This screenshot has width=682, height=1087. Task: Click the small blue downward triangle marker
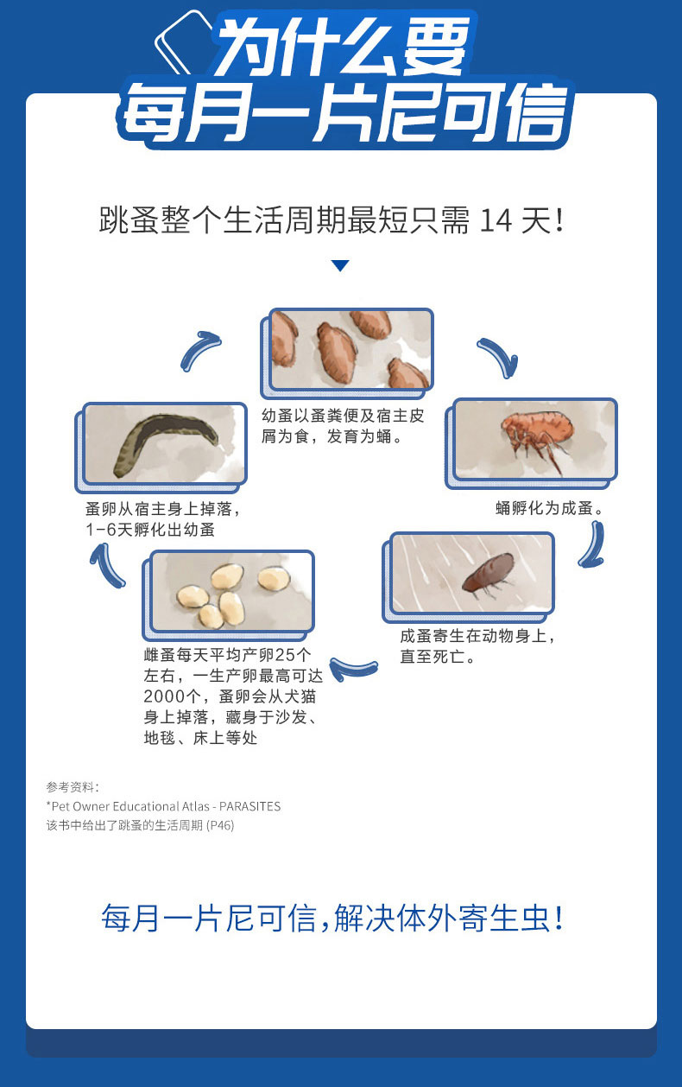(x=340, y=265)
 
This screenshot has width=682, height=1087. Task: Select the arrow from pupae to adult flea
(x=499, y=357)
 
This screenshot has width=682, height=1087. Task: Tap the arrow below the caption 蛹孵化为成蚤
(x=592, y=544)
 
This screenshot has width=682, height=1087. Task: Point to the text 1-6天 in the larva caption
(x=110, y=530)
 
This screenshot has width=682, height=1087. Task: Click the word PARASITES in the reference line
(x=249, y=806)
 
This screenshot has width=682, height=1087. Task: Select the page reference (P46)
(x=220, y=825)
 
